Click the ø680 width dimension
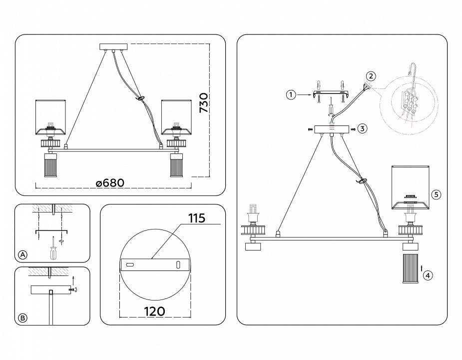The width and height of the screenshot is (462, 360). [x=110, y=182]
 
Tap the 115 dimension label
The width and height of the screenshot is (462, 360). [x=197, y=218]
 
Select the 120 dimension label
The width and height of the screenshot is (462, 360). [x=154, y=310]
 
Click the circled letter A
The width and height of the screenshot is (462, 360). [x=22, y=255]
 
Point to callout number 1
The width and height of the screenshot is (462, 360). [x=291, y=94]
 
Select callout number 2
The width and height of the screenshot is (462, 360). [x=370, y=76]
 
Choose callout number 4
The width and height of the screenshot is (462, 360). [x=427, y=274]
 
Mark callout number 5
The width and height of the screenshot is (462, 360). [x=436, y=195]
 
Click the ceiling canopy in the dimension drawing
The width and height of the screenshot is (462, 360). [x=114, y=47]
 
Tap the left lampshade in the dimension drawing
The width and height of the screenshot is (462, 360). [x=50, y=117]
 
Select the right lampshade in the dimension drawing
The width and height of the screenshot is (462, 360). [x=176, y=117]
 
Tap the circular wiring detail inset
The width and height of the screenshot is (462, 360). [x=409, y=105]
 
